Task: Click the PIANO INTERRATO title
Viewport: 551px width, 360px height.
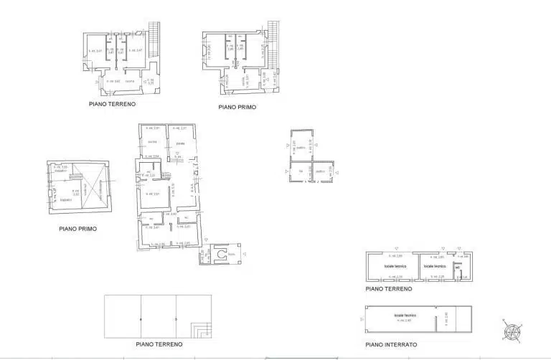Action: click(391, 344)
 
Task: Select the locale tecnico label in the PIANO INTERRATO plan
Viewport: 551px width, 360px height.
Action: click(405, 316)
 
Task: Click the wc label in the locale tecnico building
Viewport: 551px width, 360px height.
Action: click(457, 268)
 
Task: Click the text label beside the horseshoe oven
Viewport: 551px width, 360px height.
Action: click(232, 255)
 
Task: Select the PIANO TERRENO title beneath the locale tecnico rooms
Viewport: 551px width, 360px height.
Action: click(389, 289)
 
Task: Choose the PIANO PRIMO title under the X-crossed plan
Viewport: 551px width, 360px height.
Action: click(77, 229)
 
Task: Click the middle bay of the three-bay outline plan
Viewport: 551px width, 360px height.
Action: click(159, 316)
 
